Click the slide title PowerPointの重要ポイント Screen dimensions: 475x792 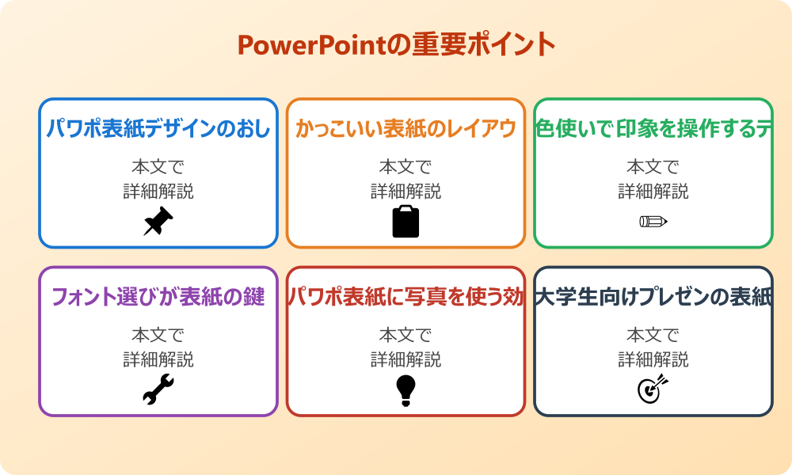tap(396, 45)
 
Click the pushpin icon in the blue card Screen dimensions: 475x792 tap(158, 222)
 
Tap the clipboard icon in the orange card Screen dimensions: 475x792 tap(406, 222)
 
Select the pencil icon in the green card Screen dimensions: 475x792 tap(653, 221)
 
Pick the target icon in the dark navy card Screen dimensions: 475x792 tap(653, 389)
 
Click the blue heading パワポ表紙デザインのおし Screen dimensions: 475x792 tap(158, 129)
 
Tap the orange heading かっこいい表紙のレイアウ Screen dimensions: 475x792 tap(406, 129)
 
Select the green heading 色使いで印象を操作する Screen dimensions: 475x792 tap(653, 129)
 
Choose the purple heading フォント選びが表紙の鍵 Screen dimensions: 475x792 tap(158, 298)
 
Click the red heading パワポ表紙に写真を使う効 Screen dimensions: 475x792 tap(406, 298)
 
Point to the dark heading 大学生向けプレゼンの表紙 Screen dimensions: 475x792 tap(653, 298)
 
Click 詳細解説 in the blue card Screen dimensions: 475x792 tap(158, 192)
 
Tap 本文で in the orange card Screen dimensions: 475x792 tap(406, 167)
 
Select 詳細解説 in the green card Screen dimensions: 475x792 tap(653, 192)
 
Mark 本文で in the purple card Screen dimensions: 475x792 tap(158, 336)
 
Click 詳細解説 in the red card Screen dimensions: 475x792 tap(406, 360)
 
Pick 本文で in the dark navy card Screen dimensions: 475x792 tap(653, 336)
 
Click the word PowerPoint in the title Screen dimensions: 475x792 tap(311, 45)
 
